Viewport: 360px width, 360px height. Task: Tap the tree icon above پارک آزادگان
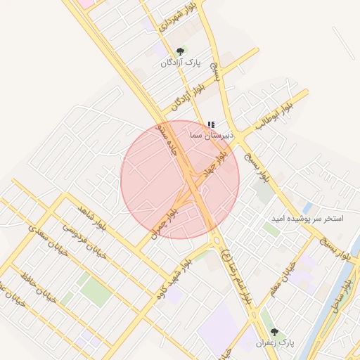coord(181,51)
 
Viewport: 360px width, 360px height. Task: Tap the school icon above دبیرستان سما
coord(212,124)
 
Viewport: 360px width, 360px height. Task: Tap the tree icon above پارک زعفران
coord(274,330)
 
